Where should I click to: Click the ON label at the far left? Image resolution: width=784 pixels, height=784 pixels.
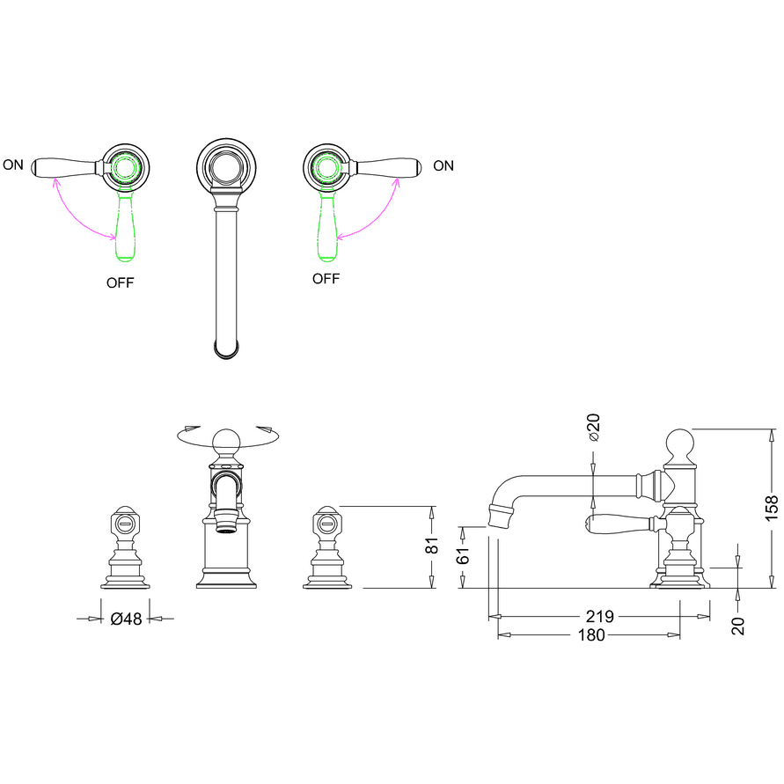pyautogui.click(x=13, y=165)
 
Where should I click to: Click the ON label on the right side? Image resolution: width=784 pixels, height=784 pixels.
pyautogui.click(x=443, y=165)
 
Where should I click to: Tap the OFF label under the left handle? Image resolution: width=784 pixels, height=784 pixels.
pyautogui.click(x=121, y=282)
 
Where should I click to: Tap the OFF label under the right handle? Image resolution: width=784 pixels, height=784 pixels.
pyautogui.click(x=326, y=279)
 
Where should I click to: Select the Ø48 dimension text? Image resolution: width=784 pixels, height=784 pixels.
pyautogui.click(x=126, y=619)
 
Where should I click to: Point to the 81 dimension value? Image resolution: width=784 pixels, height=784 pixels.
pyautogui.click(x=432, y=546)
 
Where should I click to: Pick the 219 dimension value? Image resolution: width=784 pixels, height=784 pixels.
pyautogui.click(x=599, y=617)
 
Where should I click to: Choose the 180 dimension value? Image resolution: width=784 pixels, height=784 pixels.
pyautogui.click(x=592, y=635)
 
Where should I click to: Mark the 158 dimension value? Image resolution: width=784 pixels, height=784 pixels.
pyautogui.click(x=772, y=508)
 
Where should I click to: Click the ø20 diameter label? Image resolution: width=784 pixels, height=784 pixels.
pyautogui.click(x=593, y=427)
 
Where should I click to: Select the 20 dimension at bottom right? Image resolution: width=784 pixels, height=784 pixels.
pyautogui.click(x=738, y=626)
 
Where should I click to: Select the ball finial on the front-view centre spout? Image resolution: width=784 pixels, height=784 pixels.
pyautogui.click(x=225, y=439)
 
